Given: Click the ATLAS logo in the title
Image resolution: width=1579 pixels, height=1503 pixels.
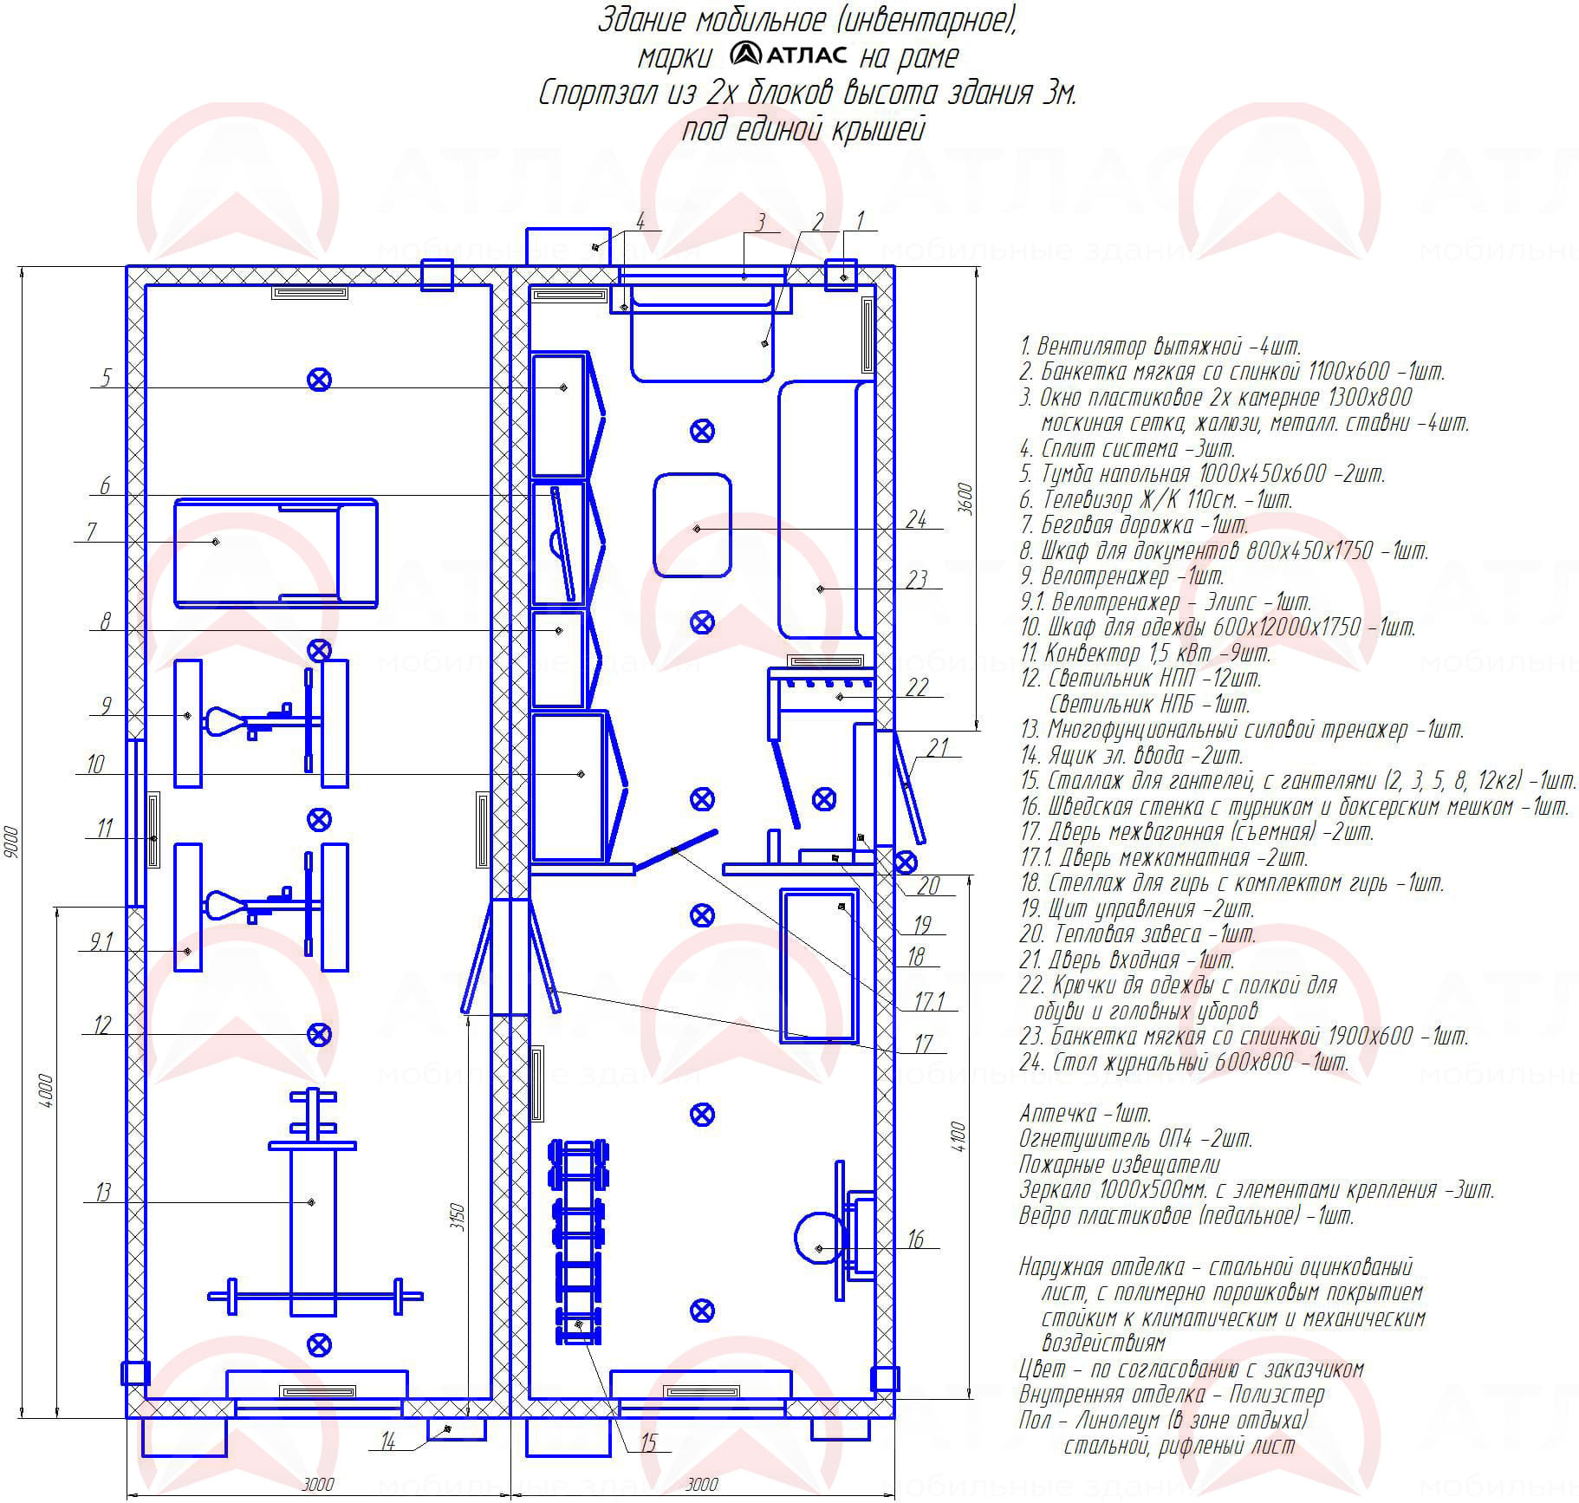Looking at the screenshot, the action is (788, 55).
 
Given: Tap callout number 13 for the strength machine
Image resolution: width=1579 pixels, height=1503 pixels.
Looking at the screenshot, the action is (103, 1193).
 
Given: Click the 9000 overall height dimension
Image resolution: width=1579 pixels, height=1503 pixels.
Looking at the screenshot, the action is (10, 842).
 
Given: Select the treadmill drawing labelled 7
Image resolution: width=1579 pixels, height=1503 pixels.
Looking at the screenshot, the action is (276, 552).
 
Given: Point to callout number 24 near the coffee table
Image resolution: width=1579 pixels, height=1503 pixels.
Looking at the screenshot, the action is (915, 519).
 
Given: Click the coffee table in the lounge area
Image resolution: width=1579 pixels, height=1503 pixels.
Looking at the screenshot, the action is (692, 524).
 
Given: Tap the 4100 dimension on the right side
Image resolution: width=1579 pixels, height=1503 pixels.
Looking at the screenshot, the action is (957, 1136).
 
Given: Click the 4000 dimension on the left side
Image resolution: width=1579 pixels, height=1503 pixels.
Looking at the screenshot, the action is (46, 1091).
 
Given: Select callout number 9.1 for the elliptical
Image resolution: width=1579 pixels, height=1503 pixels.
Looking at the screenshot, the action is (101, 941).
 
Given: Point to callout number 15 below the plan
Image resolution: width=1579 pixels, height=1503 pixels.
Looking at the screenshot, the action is (649, 1442).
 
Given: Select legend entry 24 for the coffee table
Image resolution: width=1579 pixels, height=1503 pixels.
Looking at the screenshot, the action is (1184, 1063).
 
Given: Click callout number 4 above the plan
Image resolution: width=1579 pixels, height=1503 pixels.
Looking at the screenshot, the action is (640, 221).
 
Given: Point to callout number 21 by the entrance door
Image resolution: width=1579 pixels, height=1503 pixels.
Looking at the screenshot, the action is (938, 746).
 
